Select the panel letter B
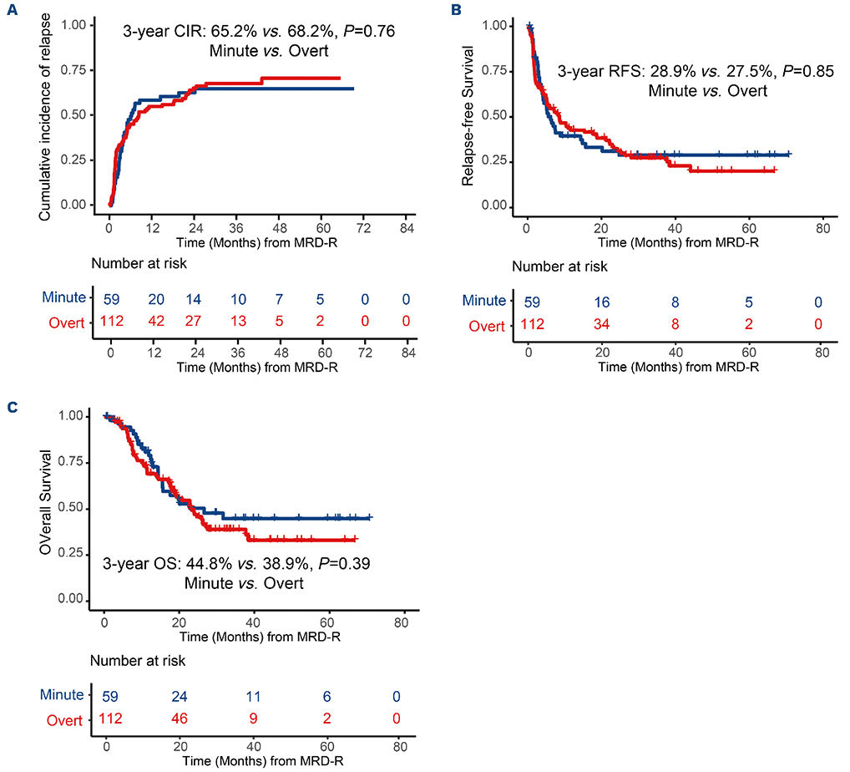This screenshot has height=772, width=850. tap(455, 9)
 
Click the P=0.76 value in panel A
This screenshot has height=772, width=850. tap(361, 33)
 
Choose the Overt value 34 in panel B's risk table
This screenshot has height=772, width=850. tap(600, 325)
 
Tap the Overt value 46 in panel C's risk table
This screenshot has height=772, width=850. tap(181, 719)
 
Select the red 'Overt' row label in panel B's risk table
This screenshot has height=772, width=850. tap(485, 326)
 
